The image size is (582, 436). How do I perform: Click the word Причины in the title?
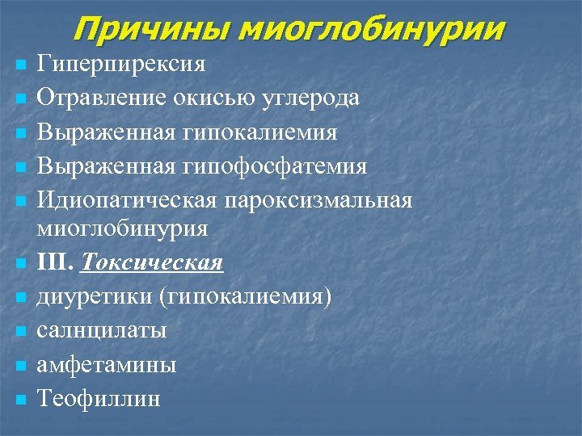click(151, 30)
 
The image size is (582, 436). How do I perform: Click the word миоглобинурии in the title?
click(373, 30)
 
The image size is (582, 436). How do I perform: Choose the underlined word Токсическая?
click(154, 263)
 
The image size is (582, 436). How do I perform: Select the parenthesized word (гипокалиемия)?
click(246, 297)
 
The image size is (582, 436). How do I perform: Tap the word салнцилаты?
click(102, 330)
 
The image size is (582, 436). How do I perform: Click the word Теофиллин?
click(99, 399)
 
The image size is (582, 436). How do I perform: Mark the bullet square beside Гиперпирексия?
click(20, 64)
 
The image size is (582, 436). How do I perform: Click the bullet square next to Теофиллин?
click(20, 399)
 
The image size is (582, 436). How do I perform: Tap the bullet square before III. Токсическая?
click(20, 263)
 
